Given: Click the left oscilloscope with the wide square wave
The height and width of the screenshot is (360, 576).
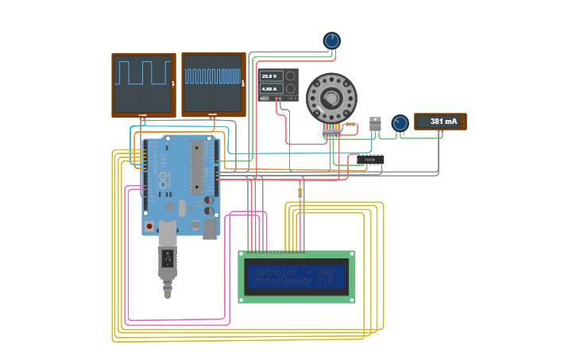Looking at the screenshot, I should point(144,83).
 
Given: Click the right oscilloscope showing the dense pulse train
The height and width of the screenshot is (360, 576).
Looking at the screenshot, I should point(213,83).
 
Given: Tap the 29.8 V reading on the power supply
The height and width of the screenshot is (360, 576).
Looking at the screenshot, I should point(271,76).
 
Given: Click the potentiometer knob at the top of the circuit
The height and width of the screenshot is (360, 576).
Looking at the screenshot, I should point(331,41).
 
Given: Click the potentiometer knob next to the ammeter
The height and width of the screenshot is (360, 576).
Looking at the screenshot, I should point(400,123).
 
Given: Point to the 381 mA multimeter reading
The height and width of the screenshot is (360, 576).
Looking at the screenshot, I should point(443,122).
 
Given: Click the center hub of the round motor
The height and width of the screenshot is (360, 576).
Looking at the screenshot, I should point(331,99).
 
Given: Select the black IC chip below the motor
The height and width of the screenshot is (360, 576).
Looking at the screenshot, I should point(370,160).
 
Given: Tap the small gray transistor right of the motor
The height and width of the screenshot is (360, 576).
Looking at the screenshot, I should point(375,123).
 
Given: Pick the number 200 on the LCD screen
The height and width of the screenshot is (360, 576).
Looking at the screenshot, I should point(325,272).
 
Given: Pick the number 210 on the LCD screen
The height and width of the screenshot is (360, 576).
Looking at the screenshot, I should point(325,281).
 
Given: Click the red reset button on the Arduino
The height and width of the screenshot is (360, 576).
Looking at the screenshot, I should point(149,225).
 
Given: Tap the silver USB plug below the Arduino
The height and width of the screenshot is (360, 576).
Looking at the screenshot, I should point(168,258).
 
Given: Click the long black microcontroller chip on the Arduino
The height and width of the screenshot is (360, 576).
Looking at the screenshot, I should point(197,167).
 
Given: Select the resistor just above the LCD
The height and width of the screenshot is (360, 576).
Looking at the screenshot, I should point(300,192).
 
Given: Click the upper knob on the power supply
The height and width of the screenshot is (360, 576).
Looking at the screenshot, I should point(291,76).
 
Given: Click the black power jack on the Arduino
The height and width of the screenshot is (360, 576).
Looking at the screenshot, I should point(210,229).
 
